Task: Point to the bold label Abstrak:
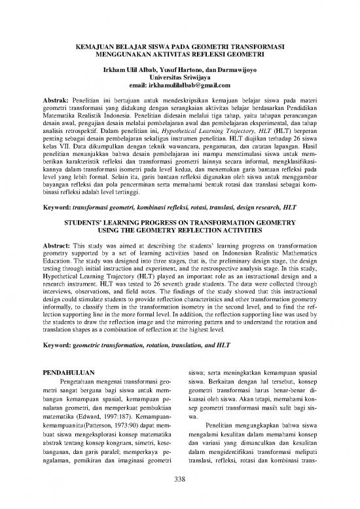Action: [56, 103]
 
